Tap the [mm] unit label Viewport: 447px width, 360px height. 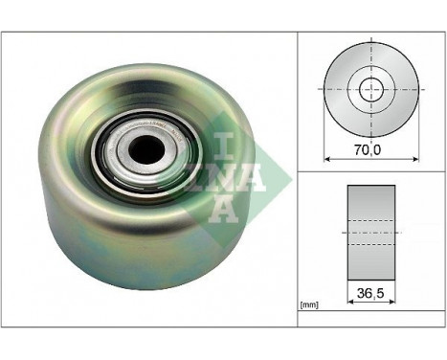tap(309, 304)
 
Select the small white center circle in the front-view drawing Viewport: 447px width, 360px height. tap(370, 88)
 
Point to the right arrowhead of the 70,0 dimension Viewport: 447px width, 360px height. tap(415, 158)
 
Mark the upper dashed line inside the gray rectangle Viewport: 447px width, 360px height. tap(370, 222)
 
